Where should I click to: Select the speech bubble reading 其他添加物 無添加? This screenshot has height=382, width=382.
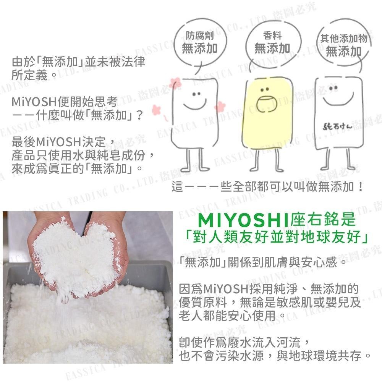tap(343, 45)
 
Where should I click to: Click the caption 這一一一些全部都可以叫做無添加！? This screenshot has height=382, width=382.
tap(267, 187)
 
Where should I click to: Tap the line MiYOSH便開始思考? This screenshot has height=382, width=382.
tap(64, 102)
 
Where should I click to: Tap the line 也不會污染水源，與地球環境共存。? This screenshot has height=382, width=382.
tap(275, 356)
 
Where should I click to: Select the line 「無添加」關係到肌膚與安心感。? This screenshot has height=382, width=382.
tap(264, 263)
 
